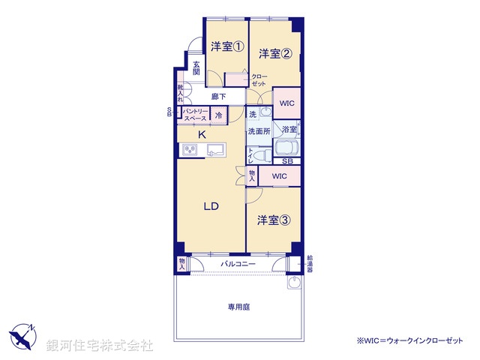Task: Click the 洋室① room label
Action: (226, 46)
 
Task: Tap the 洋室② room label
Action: (275, 53)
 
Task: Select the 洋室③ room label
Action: (274, 220)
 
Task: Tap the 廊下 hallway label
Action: (218, 96)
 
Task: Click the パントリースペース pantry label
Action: (195, 115)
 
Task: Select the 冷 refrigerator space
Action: (219, 115)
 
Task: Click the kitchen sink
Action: (215, 149)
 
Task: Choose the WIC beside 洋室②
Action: (286, 103)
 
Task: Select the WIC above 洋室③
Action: (279, 176)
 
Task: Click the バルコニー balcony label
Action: (238, 265)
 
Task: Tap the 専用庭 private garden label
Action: (238, 307)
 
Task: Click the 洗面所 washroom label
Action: (259, 130)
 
